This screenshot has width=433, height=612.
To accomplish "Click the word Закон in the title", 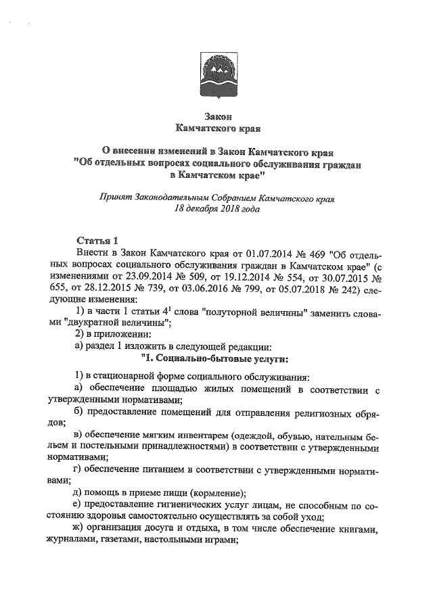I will pos(216,115).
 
